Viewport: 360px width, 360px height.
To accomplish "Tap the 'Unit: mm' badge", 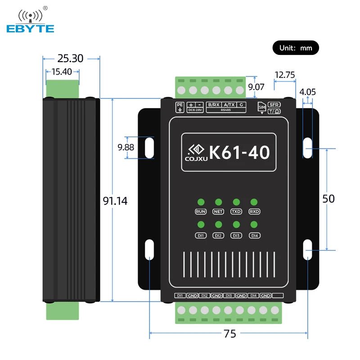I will point(296,48).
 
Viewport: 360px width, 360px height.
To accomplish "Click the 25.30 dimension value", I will point(71,58).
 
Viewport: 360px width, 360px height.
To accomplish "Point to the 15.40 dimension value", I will point(62,71).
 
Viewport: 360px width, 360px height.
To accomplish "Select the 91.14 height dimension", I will point(115,201).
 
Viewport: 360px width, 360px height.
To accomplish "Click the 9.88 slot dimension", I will point(126,147).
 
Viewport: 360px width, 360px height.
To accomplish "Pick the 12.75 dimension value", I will point(284,75).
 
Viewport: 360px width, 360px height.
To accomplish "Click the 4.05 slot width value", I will point(308,92).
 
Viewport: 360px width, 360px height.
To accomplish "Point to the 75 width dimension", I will point(229,333).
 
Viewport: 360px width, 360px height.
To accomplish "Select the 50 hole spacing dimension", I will point(328,198).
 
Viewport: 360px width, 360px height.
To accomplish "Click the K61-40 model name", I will point(240,153).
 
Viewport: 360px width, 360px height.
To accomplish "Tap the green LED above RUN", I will point(201,202).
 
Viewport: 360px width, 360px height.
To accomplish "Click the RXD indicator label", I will point(254,211).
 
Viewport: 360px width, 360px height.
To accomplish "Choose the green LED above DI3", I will point(236,225).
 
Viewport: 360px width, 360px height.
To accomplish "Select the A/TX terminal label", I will point(229,105).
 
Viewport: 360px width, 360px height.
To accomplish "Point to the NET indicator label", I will point(218,211).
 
